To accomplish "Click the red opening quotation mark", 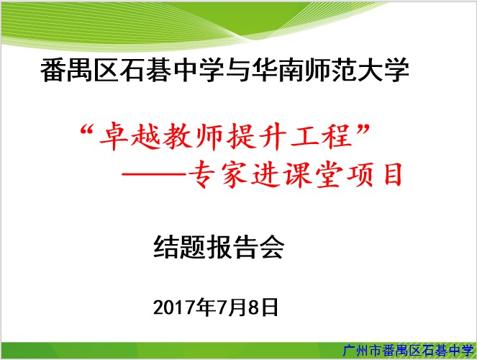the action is [x=86, y=130].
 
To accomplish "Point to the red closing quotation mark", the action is [x=363, y=130].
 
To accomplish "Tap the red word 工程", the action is [x=322, y=136].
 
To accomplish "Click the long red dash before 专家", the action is [x=154, y=174].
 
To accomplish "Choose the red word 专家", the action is [x=218, y=174].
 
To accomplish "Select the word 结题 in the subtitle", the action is [x=179, y=247].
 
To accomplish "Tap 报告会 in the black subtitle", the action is [x=246, y=247].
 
